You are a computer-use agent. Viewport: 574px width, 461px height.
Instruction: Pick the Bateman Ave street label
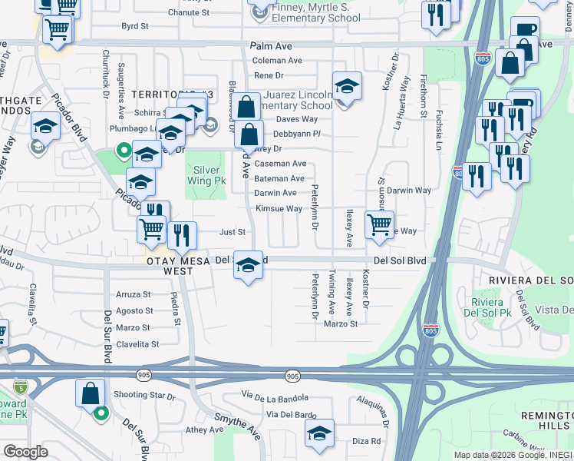279,178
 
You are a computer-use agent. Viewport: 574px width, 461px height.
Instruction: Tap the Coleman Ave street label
277,61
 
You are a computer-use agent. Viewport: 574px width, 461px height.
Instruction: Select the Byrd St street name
134,26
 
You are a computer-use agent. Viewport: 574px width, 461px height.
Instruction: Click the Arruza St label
133,294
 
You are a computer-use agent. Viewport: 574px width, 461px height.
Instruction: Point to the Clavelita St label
137,344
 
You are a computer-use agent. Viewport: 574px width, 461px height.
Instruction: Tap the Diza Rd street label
366,441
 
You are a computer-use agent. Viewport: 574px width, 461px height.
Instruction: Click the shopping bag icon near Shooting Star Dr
90,393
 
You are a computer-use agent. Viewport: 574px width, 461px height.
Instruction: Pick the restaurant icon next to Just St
182,234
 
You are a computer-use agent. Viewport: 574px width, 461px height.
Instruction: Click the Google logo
25,452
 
